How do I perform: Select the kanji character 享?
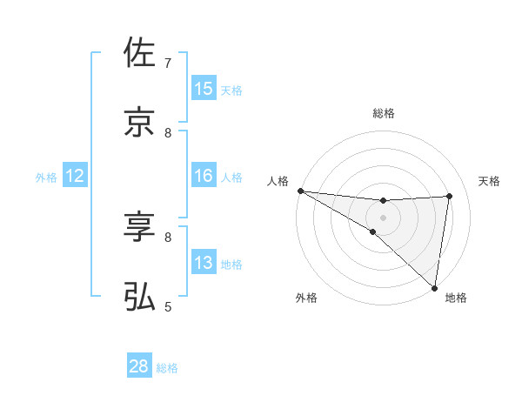(x=139, y=227)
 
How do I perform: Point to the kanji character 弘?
(x=139, y=297)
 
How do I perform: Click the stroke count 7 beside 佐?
(x=168, y=63)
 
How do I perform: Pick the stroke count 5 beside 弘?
(x=168, y=306)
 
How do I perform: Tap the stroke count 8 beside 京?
(x=168, y=132)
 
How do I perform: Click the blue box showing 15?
(x=204, y=89)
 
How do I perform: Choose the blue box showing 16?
(x=204, y=176)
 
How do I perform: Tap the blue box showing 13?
(x=204, y=263)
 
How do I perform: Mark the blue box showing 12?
(x=75, y=176)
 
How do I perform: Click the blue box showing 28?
(x=139, y=366)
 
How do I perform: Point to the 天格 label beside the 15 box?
(x=231, y=90)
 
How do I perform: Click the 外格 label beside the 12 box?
(x=46, y=177)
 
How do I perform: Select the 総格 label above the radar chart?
(x=383, y=113)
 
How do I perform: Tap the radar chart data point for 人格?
(x=300, y=191)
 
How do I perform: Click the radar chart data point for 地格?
(x=434, y=287)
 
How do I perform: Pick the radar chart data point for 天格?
(x=449, y=196)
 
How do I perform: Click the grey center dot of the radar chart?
(x=383, y=217)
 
